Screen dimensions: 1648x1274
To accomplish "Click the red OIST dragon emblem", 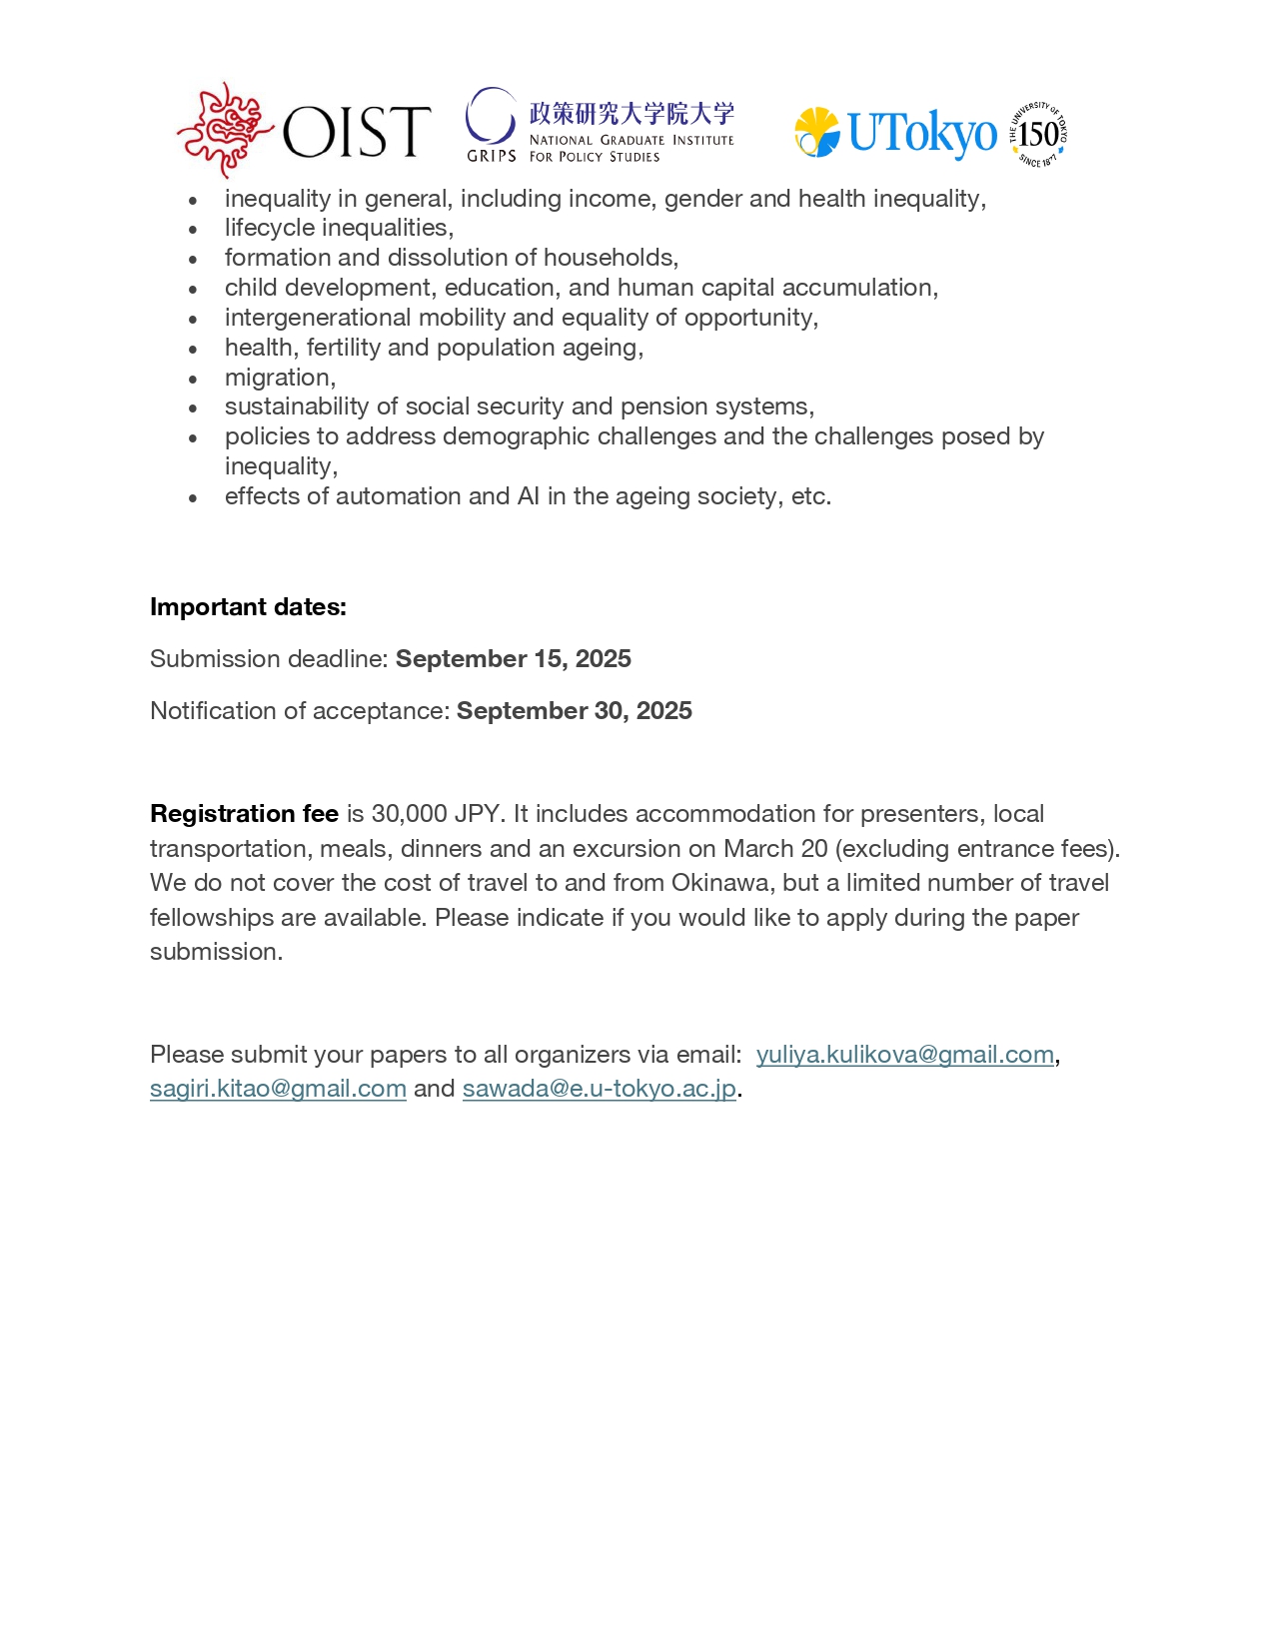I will coord(225,130).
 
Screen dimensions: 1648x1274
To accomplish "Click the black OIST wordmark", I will coord(357,132).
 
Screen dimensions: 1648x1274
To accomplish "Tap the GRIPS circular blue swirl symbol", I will coord(490,117).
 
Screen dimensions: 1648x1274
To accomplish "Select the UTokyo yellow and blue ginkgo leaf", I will coord(817,132).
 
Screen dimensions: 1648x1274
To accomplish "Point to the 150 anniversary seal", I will coord(1038,133).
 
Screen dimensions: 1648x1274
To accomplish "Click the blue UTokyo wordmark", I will coord(922,133).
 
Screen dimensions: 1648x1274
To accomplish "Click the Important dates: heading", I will coord(248,607).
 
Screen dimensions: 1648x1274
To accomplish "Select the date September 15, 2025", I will coord(514,659).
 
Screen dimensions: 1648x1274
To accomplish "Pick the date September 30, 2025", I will coord(575,711).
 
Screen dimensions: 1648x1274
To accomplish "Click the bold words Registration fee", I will coord(244,814).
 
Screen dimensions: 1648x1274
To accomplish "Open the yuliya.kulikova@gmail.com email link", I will coord(905,1055).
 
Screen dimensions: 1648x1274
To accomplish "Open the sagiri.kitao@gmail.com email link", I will coord(278,1089).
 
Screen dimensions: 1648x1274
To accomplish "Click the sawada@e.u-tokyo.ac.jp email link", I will coord(600,1089).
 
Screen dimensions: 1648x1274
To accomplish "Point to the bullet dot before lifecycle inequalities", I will coord(193,230).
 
